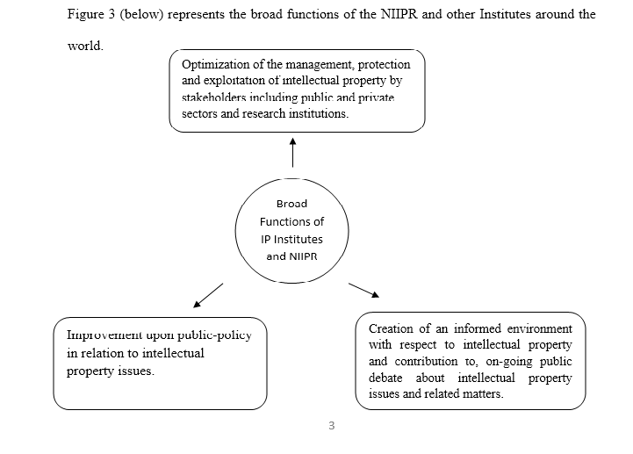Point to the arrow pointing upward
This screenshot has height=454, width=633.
pyautogui.click(x=292, y=151)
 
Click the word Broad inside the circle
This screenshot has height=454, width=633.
pyautogui.click(x=291, y=204)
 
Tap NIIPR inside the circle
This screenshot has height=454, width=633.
pyautogui.click(x=303, y=256)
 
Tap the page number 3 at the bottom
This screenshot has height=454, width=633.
pyautogui.click(x=331, y=427)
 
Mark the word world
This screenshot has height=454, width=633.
pyautogui.click(x=85, y=46)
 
